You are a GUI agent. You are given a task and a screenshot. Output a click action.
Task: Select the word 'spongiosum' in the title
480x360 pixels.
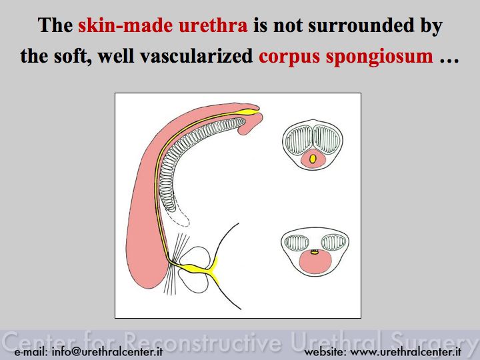tap(379, 57)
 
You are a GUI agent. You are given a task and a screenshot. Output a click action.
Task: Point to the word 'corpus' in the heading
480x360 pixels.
tap(289, 57)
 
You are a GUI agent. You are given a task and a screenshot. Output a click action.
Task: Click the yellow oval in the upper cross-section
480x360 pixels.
tap(313, 159)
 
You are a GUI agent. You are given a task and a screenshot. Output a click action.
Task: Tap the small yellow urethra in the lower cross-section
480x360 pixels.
tap(315, 252)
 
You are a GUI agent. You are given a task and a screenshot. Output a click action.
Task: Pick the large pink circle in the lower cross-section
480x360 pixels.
tap(315, 262)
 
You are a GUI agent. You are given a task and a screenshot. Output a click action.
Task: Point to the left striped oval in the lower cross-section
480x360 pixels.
tap(296, 243)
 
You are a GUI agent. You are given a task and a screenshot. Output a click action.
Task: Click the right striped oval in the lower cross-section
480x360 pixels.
tap(334, 243)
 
